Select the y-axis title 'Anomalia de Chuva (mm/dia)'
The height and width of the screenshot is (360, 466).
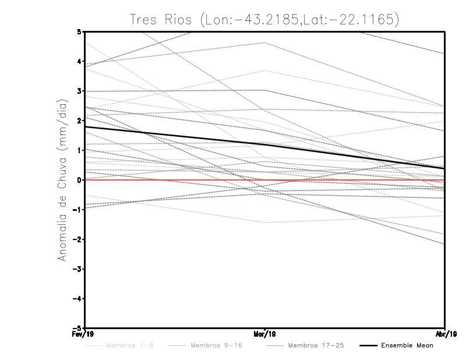point(62,179)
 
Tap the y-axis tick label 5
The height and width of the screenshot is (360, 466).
point(79,31)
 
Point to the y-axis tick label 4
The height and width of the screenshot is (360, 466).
point(79,61)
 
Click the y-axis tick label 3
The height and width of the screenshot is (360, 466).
point(79,91)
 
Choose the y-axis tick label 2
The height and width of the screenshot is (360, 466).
point(79,121)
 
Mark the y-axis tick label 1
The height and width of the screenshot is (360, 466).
point(79,150)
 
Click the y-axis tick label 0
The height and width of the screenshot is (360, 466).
point(79,180)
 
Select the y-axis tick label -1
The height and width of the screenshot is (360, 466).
point(77,210)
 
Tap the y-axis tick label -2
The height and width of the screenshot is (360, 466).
point(77,239)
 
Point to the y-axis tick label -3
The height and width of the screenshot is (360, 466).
point(77,269)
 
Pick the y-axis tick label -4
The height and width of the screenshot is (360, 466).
point(77,299)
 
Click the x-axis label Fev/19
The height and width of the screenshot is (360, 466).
point(85,334)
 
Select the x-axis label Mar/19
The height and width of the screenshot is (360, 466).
point(265,334)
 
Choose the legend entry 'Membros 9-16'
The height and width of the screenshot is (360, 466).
point(216,346)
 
